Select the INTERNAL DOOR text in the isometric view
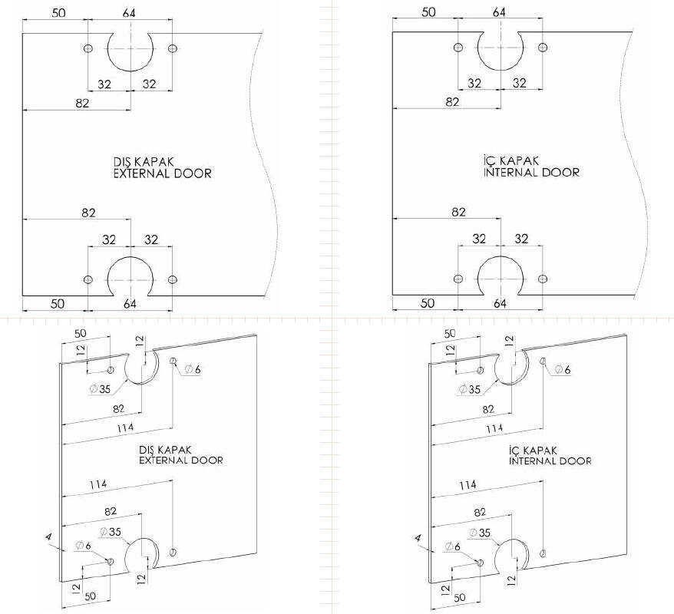(550, 461)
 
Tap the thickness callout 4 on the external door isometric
(49, 540)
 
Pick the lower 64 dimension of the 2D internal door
(500, 303)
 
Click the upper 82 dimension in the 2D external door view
(83, 103)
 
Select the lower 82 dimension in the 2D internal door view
(458, 212)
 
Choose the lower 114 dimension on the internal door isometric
(468, 485)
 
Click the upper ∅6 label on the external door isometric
(193, 370)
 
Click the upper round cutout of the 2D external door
(130, 49)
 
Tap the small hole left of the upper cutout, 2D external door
(88, 48)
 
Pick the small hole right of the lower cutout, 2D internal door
(543, 278)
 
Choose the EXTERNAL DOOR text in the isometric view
(181, 460)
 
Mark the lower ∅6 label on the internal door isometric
(453, 546)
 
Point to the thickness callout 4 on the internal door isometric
(418, 540)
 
